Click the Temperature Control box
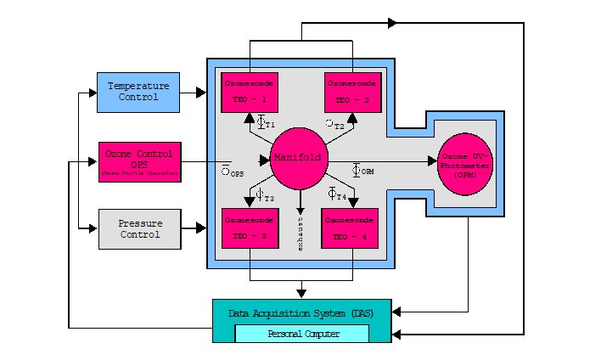click(138, 92)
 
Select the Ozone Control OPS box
click(138, 160)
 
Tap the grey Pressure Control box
click(138, 228)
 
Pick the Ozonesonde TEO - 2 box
click(352, 93)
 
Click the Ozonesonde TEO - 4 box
click(351, 228)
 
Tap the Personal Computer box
click(301, 334)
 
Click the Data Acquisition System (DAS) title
click(301, 312)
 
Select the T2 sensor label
click(339, 126)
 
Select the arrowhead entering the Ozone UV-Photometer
click(432, 160)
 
